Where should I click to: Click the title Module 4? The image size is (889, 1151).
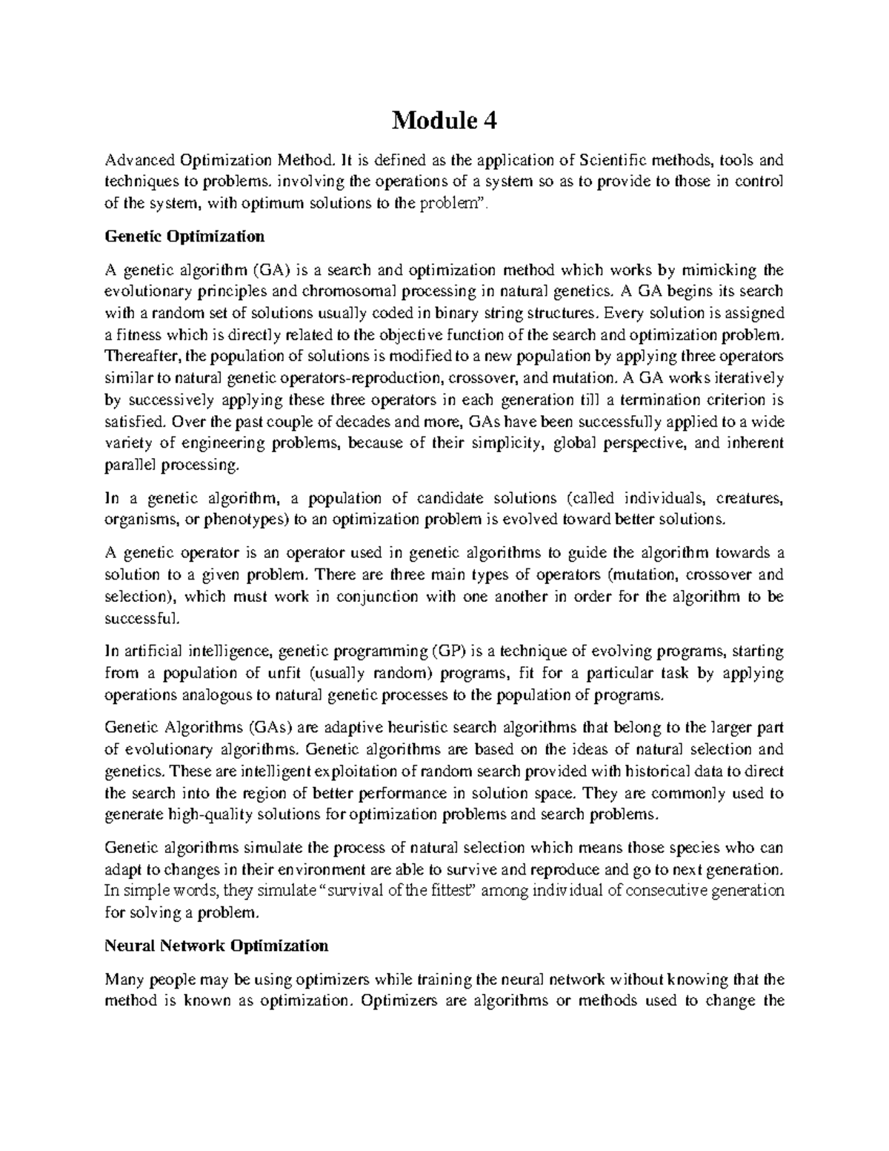click(444, 119)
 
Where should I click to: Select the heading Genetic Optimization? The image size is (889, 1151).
click(184, 237)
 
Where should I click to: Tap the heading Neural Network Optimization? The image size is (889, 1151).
click(216, 946)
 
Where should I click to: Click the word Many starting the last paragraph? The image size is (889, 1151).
click(124, 980)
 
